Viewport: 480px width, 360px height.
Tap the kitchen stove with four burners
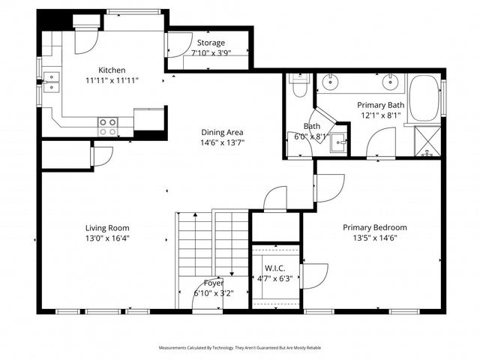coord(108,127)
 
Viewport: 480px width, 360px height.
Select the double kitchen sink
coord(51,82)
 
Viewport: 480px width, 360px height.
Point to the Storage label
coord(211,43)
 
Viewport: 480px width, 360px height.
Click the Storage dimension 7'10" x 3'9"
coord(211,53)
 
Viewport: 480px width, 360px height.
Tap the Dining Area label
coord(221,131)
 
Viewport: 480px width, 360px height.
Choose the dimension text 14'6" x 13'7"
coord(221,142)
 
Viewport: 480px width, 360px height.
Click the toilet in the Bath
coord(298,85)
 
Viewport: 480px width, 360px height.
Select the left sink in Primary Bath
coord(330,81)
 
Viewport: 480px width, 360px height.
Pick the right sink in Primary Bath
coord(391,81)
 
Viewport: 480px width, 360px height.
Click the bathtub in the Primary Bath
coord(425,97)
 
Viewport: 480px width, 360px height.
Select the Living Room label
coord(106,228)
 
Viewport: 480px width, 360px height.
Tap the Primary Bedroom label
coord(374,227)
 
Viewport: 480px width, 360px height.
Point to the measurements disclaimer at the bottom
coord(239,348)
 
